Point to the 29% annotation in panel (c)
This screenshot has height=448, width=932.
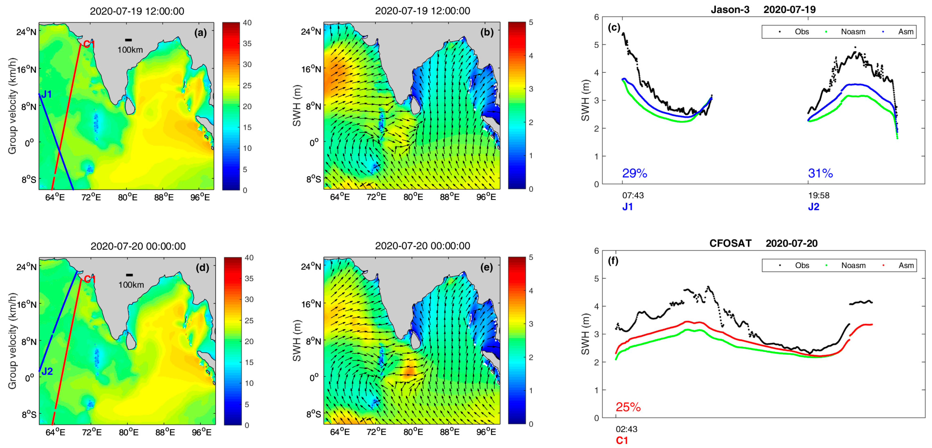634,173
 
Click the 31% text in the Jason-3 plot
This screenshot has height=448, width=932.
820,173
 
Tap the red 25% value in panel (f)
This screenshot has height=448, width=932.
628,407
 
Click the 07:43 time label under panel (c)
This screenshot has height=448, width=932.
633,195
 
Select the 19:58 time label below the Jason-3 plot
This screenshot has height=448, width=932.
819,195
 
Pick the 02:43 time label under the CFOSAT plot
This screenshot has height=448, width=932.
626,429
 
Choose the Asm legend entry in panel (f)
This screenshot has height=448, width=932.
906,265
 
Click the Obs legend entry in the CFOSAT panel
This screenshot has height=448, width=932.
802,265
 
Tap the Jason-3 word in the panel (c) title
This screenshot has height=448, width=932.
730,10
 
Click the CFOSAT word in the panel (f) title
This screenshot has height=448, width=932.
730,243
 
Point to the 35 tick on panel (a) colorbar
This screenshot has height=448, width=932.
247,43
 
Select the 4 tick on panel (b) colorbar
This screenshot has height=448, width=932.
531,56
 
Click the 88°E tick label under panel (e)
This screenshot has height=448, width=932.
450,432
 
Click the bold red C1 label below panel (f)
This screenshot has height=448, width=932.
622,440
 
